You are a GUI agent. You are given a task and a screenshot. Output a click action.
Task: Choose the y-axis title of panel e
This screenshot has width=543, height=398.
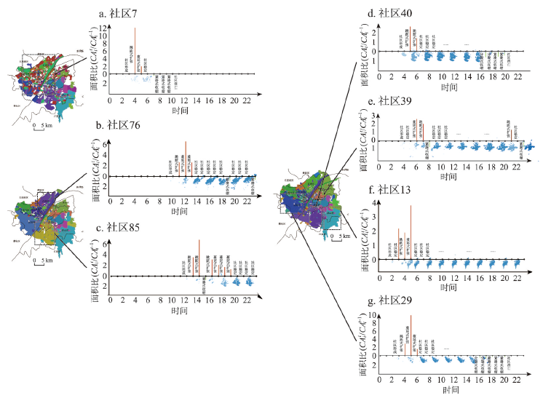click(363, 140)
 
